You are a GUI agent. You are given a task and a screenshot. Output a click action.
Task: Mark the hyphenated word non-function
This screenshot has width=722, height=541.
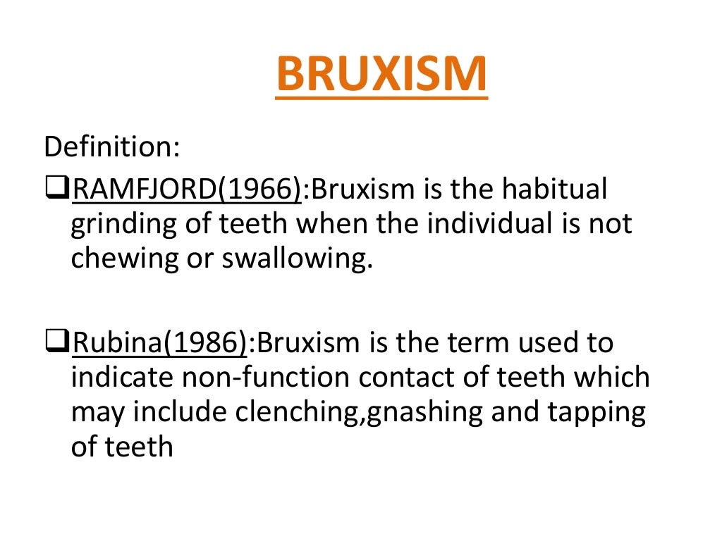click(267, 378)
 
